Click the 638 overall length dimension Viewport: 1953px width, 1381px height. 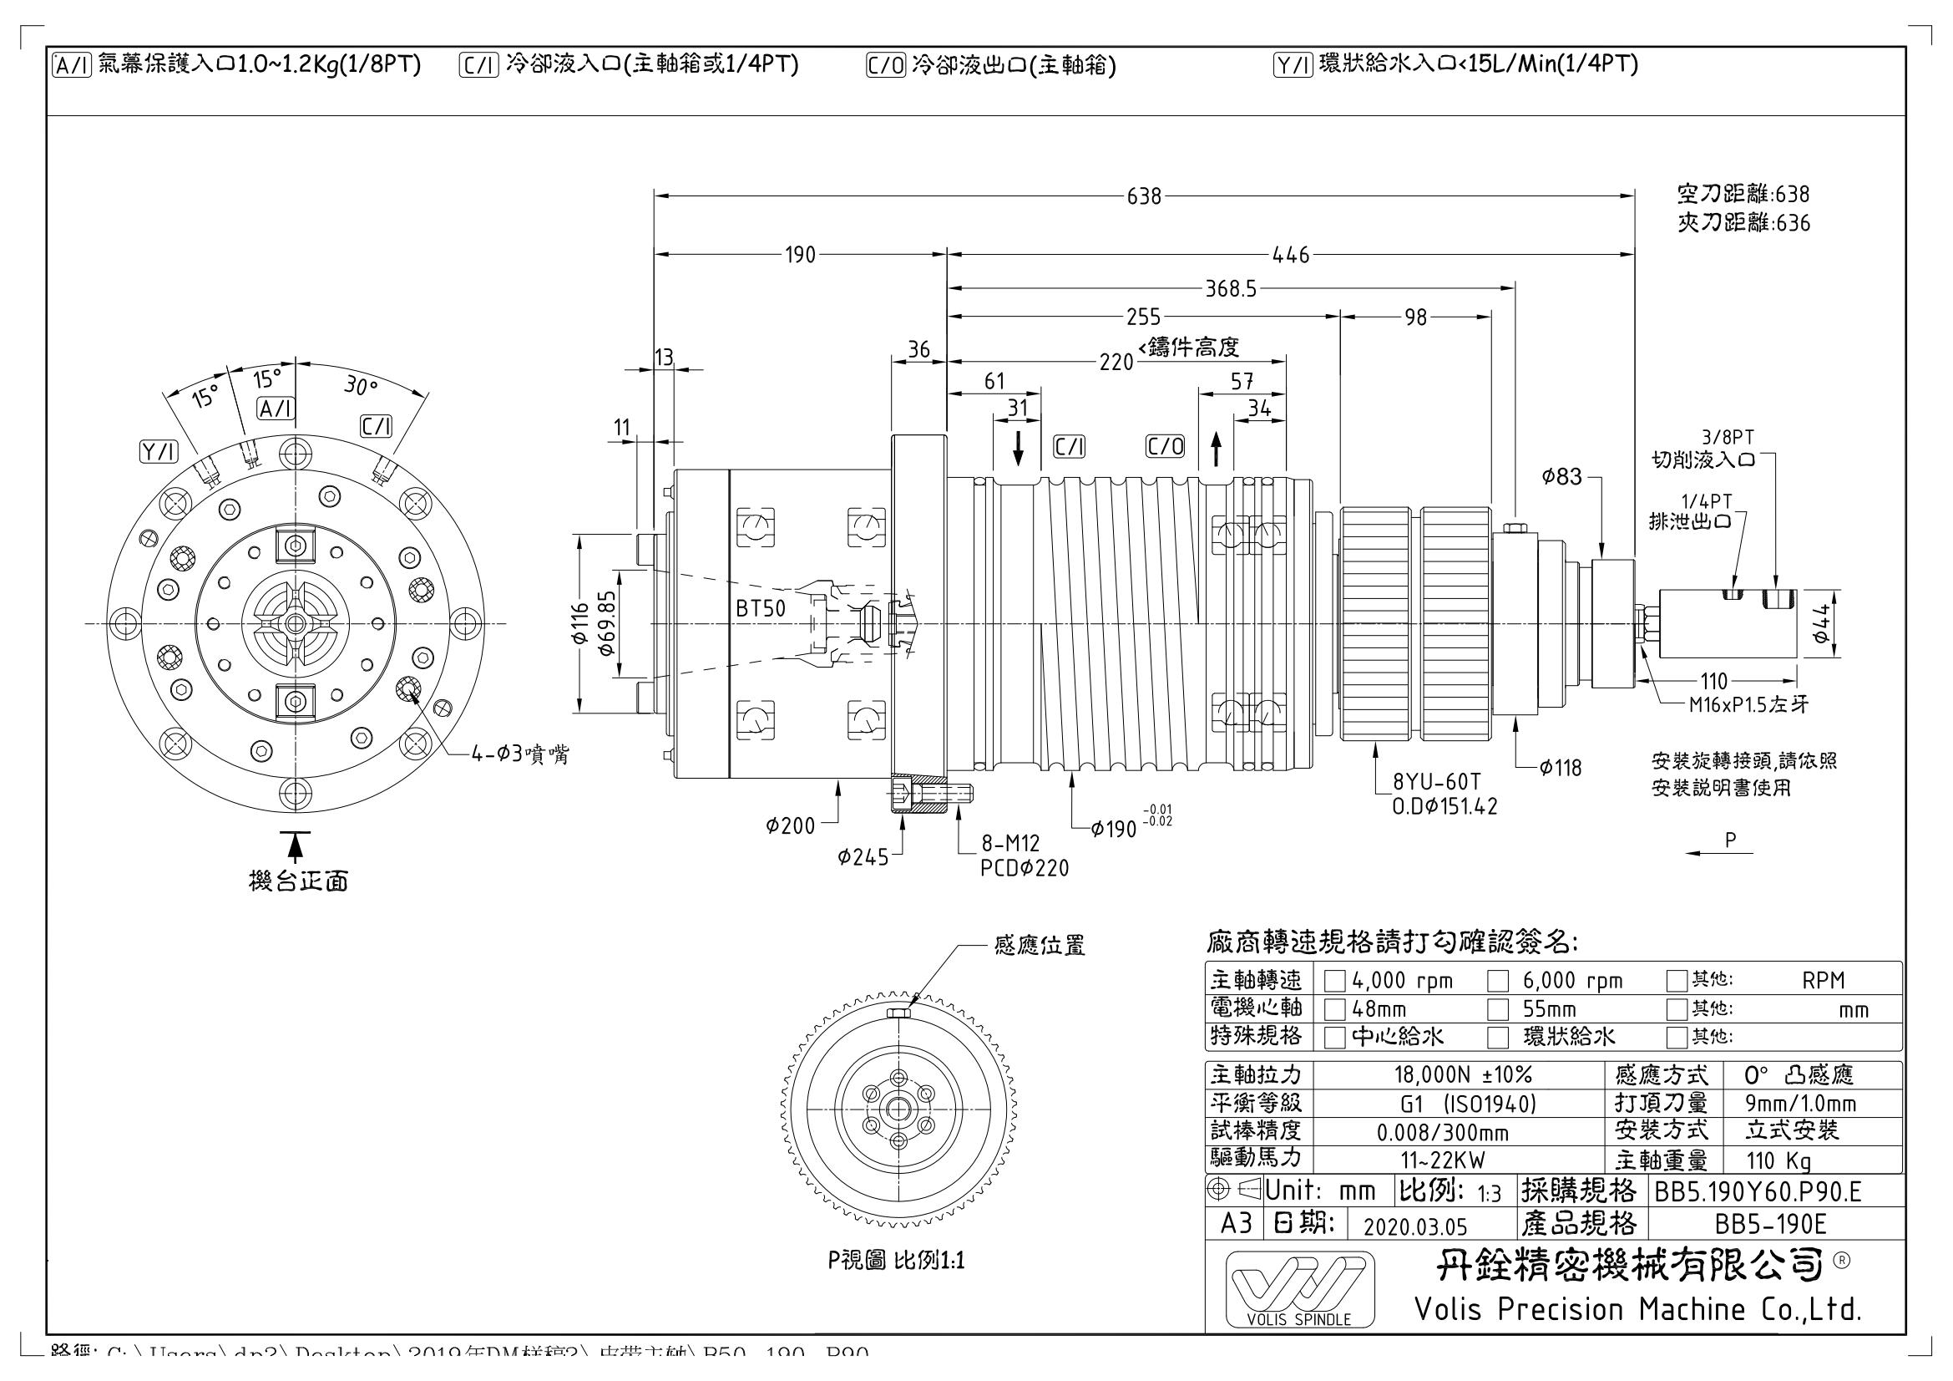(x=1143, y=196)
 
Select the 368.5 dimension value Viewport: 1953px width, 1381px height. (x=1230, y=289)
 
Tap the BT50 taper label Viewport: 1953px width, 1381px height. (x=761, y=608)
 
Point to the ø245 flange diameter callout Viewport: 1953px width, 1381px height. (x=863, y=857)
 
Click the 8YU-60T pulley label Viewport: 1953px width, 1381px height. (x=1436, y=781)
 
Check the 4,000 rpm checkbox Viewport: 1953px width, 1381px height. (x=1334, y=982)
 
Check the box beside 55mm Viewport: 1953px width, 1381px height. (x=1497, y=1010)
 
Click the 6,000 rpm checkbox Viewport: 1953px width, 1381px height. (x=1497, y=982)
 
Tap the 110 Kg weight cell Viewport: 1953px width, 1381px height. (x=1778, y=1160)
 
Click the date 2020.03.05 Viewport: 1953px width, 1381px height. (x=1415, y=1226)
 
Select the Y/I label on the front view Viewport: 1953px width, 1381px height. (x=158, y=452)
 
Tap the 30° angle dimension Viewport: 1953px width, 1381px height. (x=361, y=386)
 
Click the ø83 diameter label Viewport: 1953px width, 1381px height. (x=1561, y=477)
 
